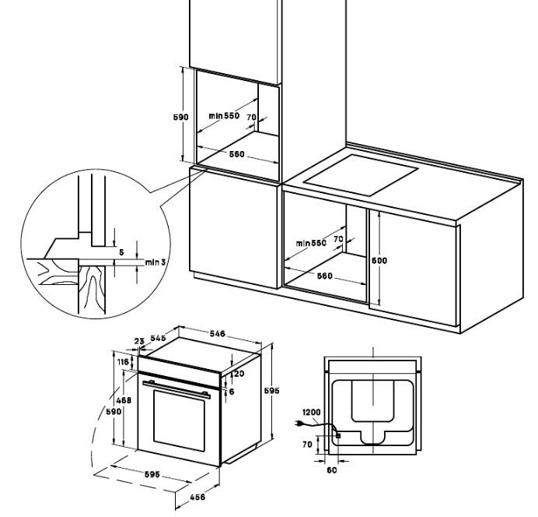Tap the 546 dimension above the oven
(x=218, y=333)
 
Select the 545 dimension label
(x=158, y=339)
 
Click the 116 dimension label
(x=122, y=363)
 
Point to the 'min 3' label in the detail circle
(x=156, y=262)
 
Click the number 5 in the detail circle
(x=121, y=251)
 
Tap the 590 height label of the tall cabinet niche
(x=180, y=117)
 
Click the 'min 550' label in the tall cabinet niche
(x=224, y=116)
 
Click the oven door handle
(x=177, y=387)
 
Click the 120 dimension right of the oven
(x=238, y=375)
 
